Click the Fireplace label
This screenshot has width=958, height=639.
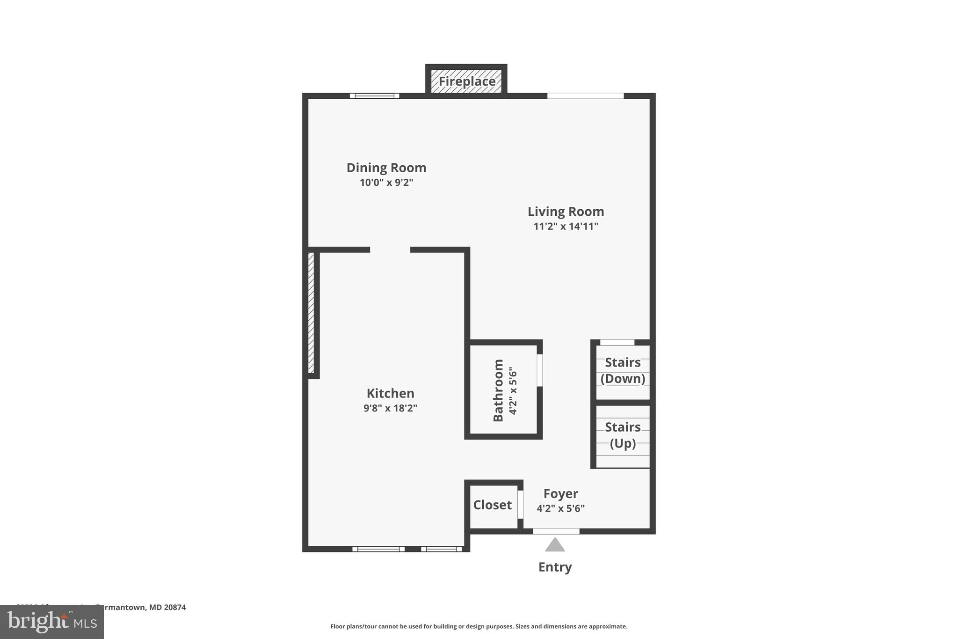click(466, 81)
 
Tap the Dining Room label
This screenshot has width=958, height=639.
click(386, 168)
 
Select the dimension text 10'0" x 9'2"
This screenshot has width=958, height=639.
click(386, 183)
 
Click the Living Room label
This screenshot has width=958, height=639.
click(566, 212)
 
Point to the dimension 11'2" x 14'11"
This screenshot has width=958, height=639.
click(566, 227)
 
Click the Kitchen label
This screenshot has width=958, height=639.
click(390, 393)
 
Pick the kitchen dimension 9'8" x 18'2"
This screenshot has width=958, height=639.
click(390, 408)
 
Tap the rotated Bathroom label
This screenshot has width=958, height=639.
click(499, 390)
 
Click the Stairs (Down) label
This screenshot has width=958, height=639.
click(623, 370)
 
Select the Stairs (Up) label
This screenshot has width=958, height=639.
click(623, 435)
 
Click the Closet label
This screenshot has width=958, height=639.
click(492, 505)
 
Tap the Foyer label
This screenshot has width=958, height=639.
click(560, 494)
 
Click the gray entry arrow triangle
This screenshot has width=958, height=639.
click(555, 545)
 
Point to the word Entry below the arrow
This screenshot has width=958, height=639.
click(555, 567)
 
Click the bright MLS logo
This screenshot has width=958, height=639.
click(52, 622)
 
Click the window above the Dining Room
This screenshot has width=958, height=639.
click(375, 96)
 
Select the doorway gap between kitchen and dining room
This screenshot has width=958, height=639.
click(390, 250)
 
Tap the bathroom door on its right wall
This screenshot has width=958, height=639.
click(539, 370)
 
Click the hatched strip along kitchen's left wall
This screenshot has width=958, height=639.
click(311, 313)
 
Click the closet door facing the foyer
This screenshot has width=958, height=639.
click(520, 504)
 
